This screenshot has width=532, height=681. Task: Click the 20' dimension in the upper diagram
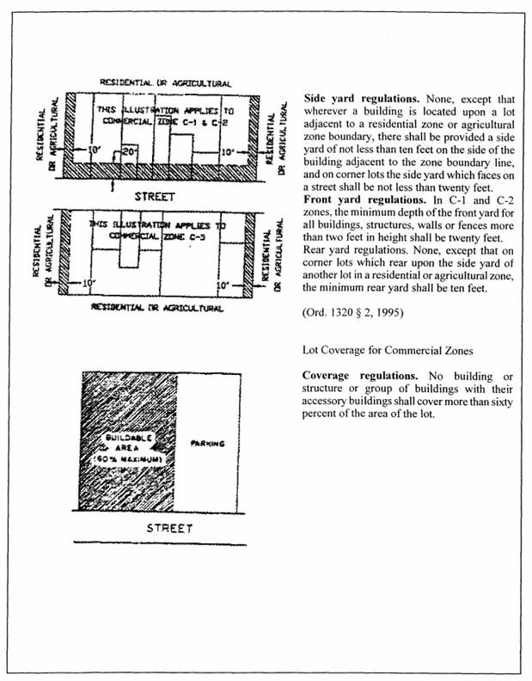(130, 151)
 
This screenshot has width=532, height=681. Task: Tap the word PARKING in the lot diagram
(206, 444)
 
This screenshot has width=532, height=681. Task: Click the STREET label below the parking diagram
(168, 527)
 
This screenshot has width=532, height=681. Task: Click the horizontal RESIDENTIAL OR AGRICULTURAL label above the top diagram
(166, 83)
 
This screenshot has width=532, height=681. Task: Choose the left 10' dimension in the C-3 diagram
(89, 282)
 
